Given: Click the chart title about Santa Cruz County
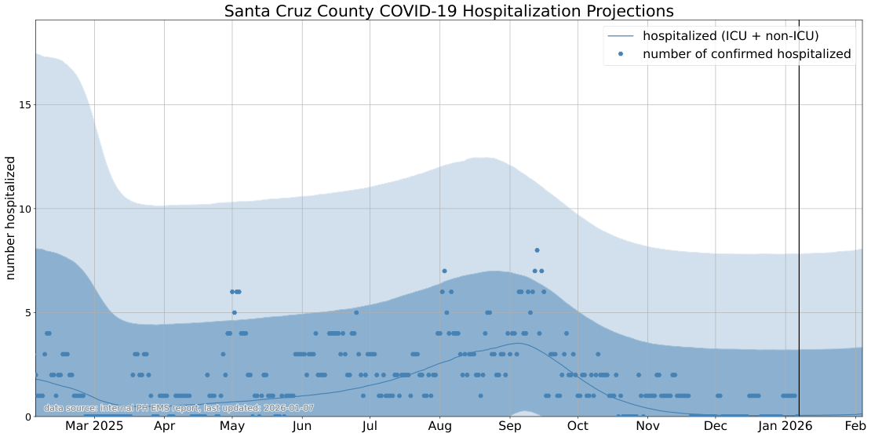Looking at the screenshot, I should coord(448,11).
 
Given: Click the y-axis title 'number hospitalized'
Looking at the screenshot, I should coord(11,218).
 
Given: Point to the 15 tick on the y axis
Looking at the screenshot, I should coord(24,104).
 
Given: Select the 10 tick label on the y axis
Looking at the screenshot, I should coord(24,209).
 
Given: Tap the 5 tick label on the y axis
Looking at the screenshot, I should coord(27,312).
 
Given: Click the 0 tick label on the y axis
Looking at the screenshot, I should coord(27,417).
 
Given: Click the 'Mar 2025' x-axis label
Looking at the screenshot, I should coord(94,426).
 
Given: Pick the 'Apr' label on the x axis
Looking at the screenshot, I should coord(164,426).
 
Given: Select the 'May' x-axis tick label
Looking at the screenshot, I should coord(232,426).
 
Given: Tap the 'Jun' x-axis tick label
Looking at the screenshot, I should coord(302,426).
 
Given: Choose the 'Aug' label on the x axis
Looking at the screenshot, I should coord(440,426).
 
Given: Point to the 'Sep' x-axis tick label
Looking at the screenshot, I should coord(510,426).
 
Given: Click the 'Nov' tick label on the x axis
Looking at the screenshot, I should coord(647,426).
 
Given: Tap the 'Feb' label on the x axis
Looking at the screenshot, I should coord(855,426).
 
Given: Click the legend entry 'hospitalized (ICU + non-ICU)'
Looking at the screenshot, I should coord(731,35).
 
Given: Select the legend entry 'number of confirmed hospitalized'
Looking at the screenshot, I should coord(746,54).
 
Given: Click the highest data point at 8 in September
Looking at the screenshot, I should coord(538,250).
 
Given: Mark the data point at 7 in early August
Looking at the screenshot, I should coord(444,271).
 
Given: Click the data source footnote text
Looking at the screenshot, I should coord(179,408).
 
